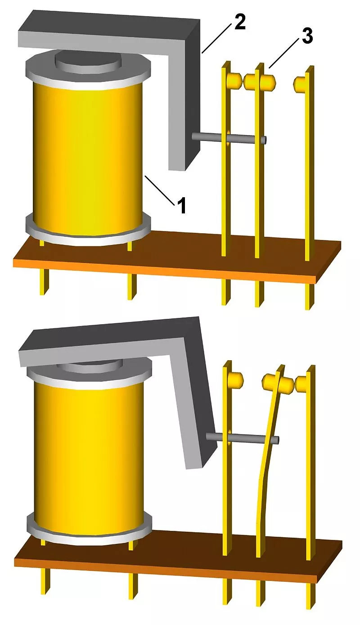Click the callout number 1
point(181,205)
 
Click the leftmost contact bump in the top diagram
point(234,79)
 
